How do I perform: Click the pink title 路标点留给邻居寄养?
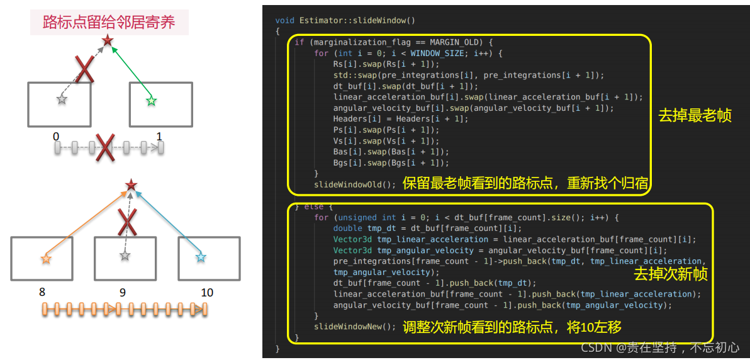pos(108,23)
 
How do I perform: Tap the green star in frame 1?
pos(150,101)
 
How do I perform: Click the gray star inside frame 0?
pos(61,99)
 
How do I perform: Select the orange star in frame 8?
pos(45,258)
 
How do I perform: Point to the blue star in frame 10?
pos(201,257)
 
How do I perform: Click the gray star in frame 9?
pos(125,256)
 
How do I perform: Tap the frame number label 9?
pos(123,292)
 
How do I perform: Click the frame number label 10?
pos(206,292)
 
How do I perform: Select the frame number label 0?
pos(56,136)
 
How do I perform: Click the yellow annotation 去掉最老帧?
pos(695,116)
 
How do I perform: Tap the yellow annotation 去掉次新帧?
pos(671,274)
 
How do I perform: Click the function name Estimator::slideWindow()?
pos(354,20)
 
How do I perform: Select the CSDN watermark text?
pos(659,347)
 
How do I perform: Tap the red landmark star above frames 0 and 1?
pos(108,42)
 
